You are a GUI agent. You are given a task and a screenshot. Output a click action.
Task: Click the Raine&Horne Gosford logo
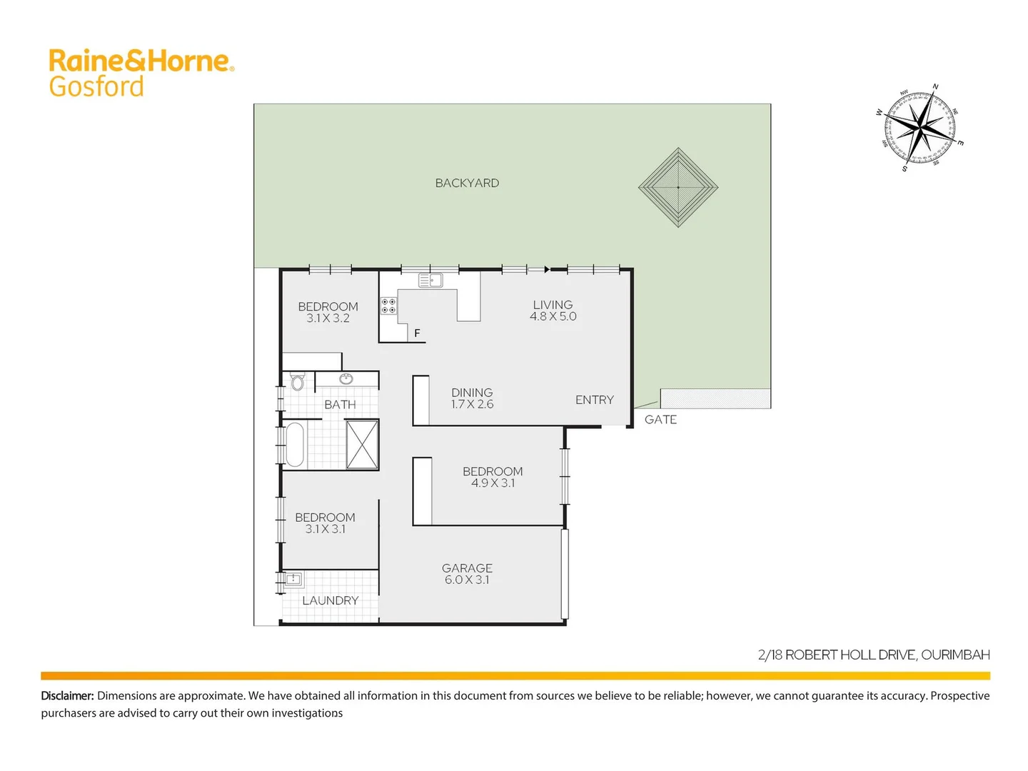tap(141, 73)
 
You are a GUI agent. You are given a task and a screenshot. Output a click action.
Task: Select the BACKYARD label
tap(467, 183)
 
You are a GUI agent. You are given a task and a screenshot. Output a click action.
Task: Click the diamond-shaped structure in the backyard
tap(677, 187)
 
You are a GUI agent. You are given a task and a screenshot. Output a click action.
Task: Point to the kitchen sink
tap(430, 281)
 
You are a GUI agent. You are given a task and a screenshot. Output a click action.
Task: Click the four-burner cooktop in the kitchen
tap(388, 306)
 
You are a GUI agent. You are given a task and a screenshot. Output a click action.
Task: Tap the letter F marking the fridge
tap(417, 333)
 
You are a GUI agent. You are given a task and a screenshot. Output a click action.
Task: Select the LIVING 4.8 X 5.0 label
tap(553, 311)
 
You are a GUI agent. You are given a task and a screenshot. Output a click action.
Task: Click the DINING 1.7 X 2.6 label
tap(472, 398)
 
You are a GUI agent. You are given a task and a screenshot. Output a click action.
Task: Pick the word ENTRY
tap(594, 400)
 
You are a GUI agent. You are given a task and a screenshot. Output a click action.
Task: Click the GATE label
tap(660, 420)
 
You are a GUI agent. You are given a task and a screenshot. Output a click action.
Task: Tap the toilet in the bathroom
tap(297, 382)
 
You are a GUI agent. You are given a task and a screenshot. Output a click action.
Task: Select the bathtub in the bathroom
tap(294, 444)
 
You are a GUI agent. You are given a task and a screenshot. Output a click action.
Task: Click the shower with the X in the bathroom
tap(362, 444)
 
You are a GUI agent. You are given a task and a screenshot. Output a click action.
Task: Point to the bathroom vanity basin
tap(346, 379)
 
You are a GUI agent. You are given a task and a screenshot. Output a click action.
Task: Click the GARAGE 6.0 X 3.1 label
tap(467, 574)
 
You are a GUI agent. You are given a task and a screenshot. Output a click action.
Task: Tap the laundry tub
tap(293, 579)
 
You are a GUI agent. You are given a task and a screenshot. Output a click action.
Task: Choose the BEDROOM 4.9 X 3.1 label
tap(493, 477)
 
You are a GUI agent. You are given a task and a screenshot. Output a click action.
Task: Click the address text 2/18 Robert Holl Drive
tap(873, 655)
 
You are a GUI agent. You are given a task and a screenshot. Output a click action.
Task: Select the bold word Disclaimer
tap(67, 695)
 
